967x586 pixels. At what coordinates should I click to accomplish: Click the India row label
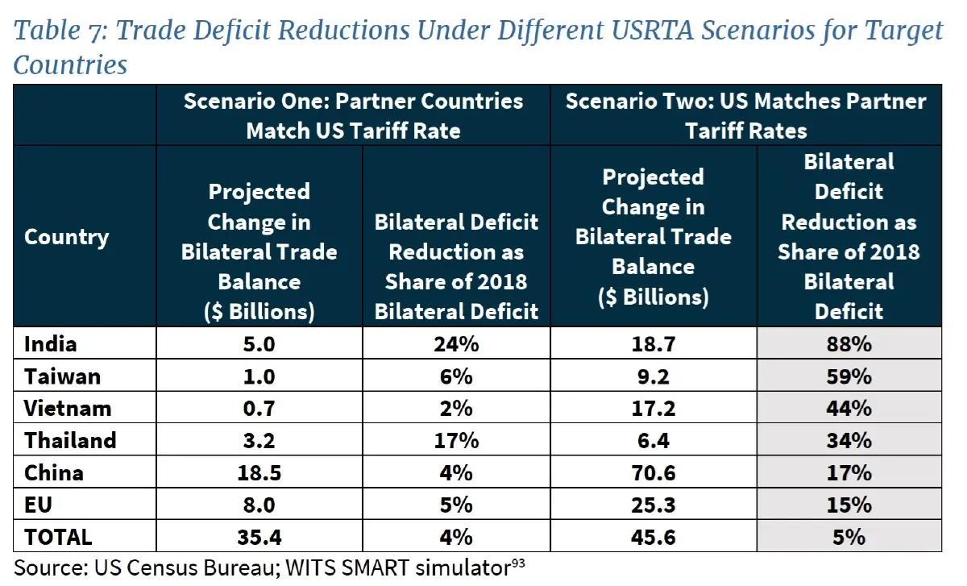coord(51,344)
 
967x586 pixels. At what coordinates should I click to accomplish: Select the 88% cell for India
coord(849,344)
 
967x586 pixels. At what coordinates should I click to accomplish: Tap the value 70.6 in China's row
coord(653,472)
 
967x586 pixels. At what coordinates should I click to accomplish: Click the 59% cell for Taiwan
coord(849,376)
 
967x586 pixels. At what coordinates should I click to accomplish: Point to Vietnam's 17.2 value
coord(653,408)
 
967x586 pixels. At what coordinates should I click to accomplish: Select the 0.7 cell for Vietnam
coord(259,408)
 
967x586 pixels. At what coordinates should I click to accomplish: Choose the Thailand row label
coord(70,440)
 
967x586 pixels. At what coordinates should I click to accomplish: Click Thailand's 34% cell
coord(849,440)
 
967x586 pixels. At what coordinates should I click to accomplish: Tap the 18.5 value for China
coord(259,472)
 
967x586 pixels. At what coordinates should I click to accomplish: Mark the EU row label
coord(38,505)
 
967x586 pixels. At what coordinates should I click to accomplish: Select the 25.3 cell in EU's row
coord(653,505)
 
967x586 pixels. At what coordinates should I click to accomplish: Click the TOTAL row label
coord(58,537)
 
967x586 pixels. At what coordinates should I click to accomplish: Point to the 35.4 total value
coord(259,537)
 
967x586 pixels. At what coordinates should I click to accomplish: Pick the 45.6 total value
coord(653,537)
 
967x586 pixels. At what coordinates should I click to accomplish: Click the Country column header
coord(66,237)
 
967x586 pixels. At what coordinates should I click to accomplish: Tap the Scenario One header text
coord(353,115)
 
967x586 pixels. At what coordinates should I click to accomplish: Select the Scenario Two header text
coord(745,115)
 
